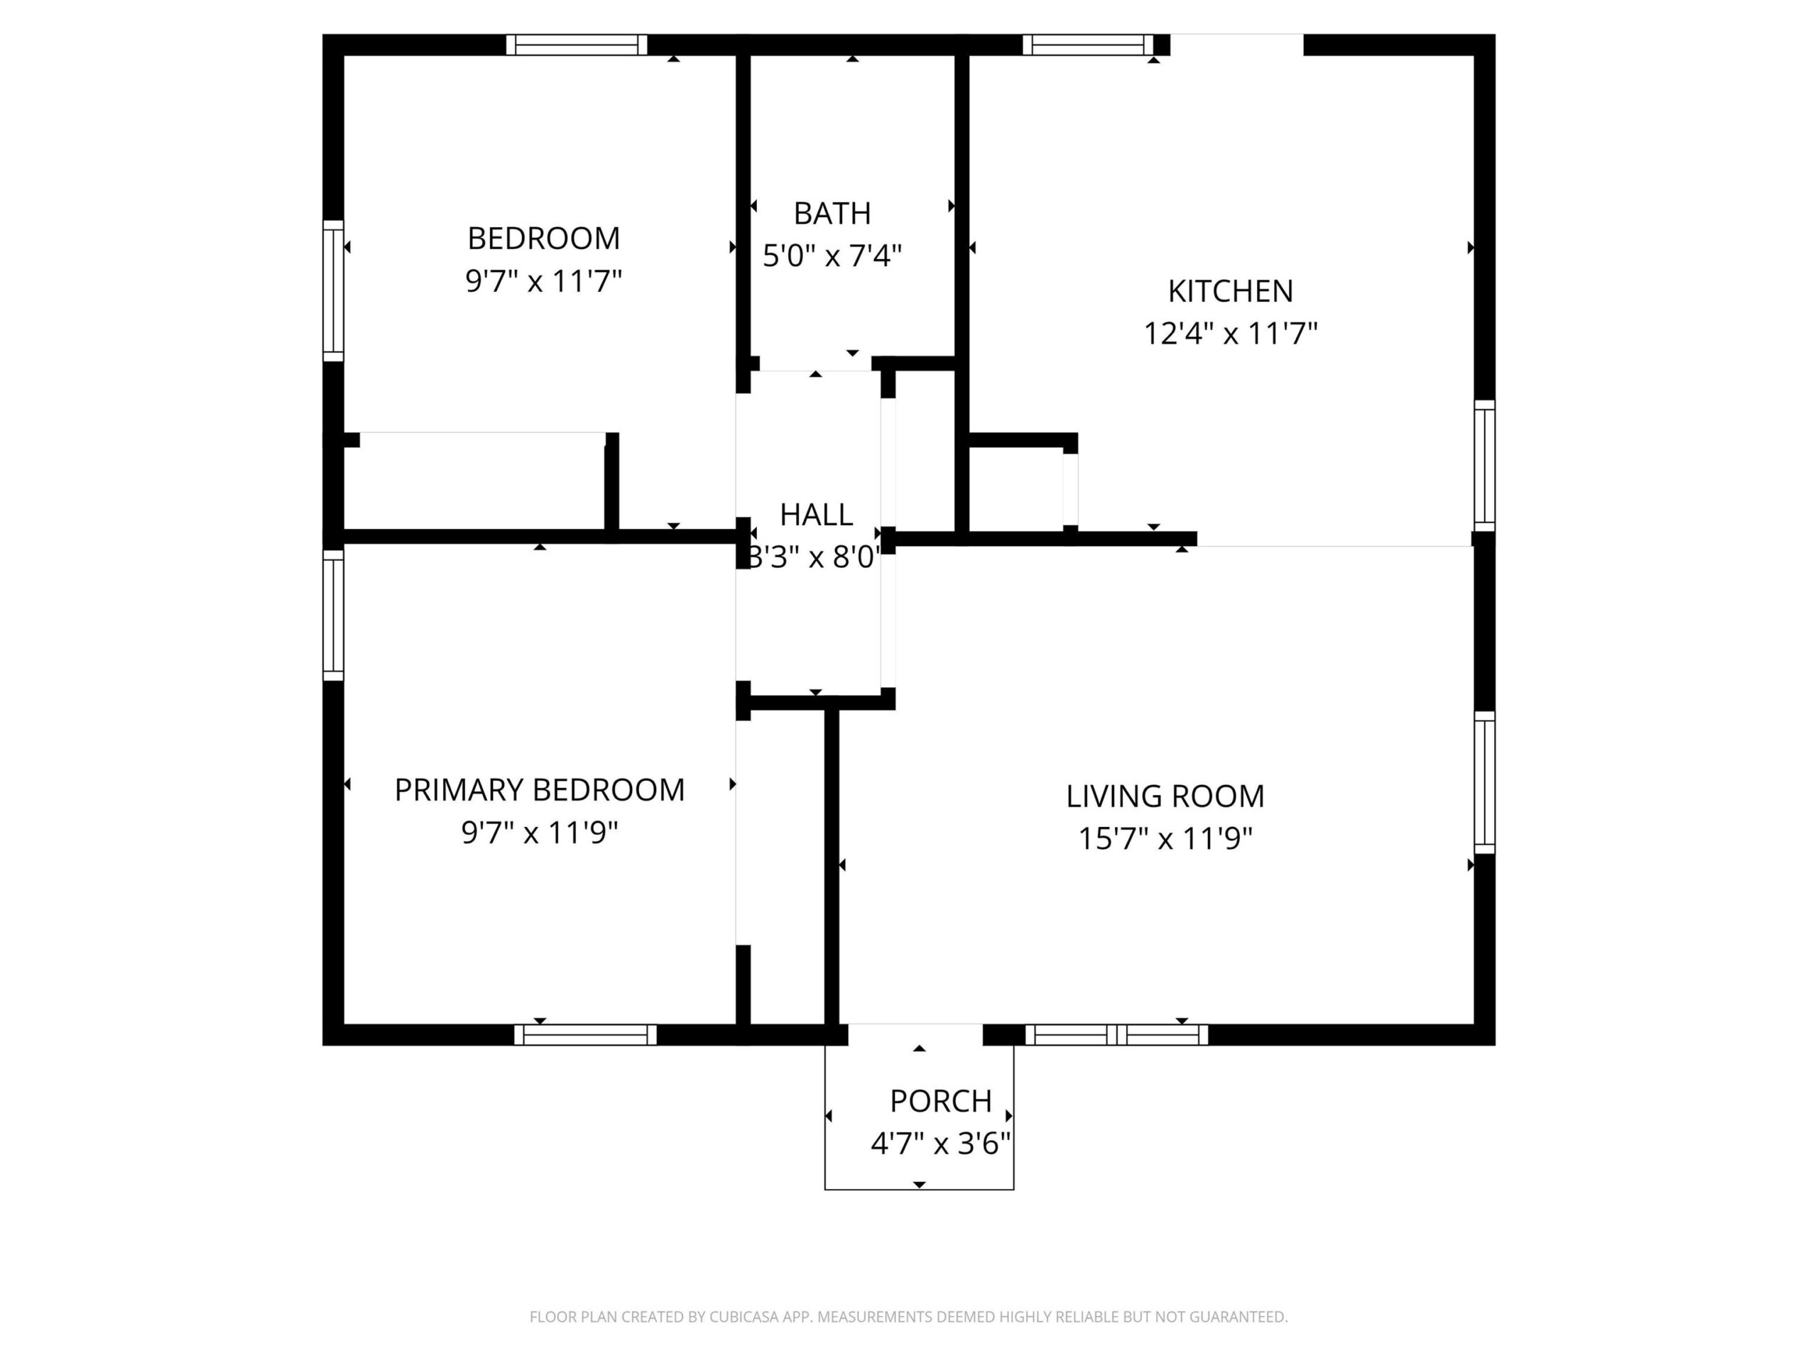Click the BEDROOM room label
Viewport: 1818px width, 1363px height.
pos(543,239)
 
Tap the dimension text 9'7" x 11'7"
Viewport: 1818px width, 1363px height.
pos(543,282)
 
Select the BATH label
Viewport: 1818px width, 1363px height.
pos(832,214)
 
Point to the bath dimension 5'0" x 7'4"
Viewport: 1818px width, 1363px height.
pos(832,256)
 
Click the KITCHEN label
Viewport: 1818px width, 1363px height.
pos(1231,291)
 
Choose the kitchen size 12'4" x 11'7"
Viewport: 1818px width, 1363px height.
pos(1231,334)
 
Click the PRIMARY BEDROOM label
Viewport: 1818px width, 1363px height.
pos(539,790)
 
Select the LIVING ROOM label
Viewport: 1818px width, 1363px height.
pos(1165,796)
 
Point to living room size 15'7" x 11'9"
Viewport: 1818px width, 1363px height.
pos(1165,839)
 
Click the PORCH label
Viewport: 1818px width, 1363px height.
pos(940,1101)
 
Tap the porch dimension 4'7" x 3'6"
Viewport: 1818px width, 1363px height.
pos(940,1144)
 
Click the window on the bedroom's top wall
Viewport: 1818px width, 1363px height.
pos(576,44)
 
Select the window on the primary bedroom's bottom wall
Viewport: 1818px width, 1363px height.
pos(585,1034)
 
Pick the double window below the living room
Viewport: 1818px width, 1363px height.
pos(1116,1034)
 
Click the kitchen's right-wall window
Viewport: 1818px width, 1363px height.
pos(1484,465)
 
